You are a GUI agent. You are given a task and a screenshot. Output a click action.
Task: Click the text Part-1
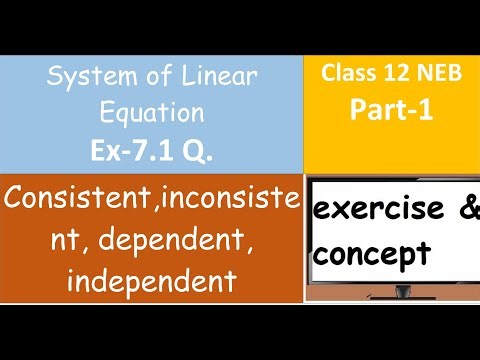click(392, 110)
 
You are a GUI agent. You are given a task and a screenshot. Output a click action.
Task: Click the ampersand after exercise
click(469, 211)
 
